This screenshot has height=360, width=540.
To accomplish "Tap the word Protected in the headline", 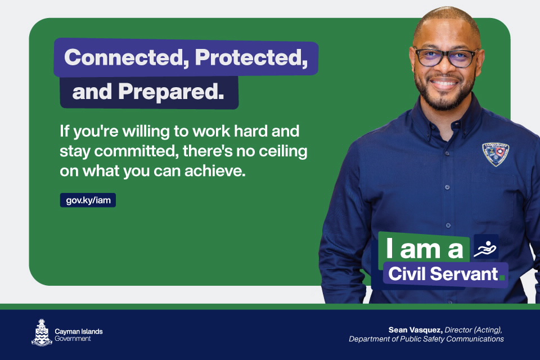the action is pos(251,57).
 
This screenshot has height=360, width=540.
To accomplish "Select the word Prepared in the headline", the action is pos(171,92).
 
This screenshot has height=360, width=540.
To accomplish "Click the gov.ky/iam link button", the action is pos(88,200).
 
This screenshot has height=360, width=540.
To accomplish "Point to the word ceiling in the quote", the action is pos(283,151).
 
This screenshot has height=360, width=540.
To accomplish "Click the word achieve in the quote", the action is pos(215,171).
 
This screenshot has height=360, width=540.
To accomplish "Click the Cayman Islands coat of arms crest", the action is pos(42,332).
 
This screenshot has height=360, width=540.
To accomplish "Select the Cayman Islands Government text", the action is pos(79,335).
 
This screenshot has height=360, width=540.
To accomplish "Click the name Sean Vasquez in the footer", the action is pos(416,330).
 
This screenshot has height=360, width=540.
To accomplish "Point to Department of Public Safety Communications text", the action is pos(426,339).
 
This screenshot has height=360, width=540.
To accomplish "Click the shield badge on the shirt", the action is pos(495,154).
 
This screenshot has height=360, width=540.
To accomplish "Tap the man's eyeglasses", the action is pos(446,57).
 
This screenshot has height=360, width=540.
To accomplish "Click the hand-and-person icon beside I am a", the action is pos(486,247).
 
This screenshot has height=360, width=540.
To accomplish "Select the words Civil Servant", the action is pos(443,274).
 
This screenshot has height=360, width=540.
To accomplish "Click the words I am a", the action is pos(425,248).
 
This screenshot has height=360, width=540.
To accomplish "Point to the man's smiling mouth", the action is pos(444,83).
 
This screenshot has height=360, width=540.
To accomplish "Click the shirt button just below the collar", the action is pos(447,152).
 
